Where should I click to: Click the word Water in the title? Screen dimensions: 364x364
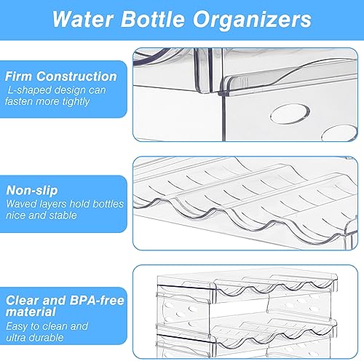pos(83,19)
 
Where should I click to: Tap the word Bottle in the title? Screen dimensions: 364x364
pos(153,19)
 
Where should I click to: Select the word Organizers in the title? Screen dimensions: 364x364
pos(252,20)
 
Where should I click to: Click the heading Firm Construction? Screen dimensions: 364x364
pos(61,76)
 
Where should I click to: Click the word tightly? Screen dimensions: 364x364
pos(76,102)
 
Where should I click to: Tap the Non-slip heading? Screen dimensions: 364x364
pos(32,191)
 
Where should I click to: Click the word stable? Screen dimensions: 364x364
pos(63,215)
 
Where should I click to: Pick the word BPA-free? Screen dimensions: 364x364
pos(97,300)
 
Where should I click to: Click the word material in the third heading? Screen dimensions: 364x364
pos(31,312)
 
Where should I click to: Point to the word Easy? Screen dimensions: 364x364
pos(17,327)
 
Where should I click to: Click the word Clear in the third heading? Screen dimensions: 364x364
pos(23,301)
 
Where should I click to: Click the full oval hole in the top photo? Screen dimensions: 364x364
pos(290,114)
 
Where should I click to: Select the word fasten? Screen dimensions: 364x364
pos(19,101)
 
